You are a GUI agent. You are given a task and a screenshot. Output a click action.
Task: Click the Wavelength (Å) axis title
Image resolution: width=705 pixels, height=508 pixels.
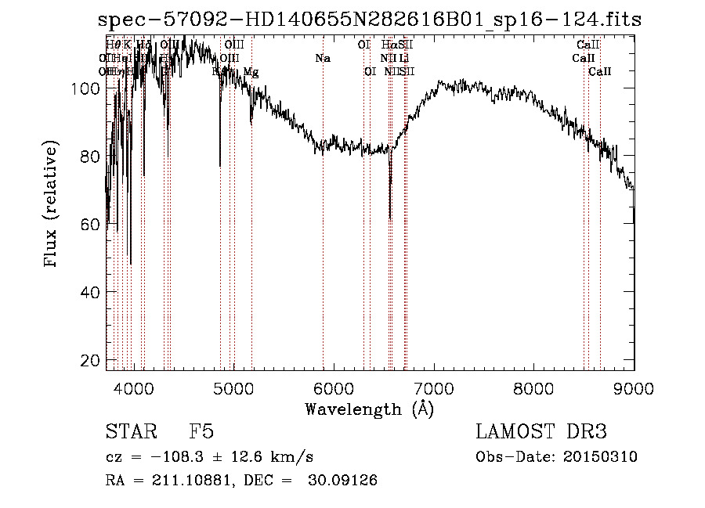369,409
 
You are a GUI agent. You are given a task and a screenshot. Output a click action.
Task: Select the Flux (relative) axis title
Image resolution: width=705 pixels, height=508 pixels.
52,205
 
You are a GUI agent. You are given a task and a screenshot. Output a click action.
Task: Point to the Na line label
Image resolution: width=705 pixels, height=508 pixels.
323,58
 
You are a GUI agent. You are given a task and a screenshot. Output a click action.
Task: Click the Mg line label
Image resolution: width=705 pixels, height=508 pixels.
251,72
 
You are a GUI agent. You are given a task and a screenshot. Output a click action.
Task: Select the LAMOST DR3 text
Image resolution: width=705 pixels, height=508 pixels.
541,432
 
